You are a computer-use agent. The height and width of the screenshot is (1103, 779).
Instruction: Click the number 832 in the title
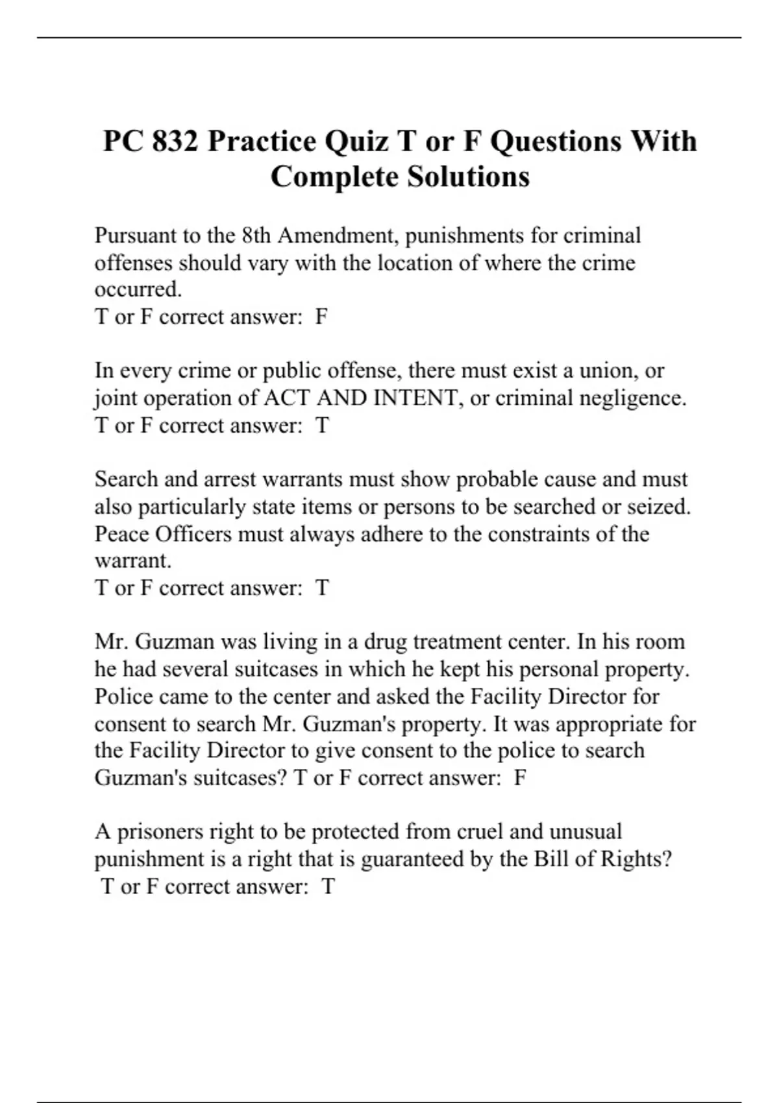click(175, 141)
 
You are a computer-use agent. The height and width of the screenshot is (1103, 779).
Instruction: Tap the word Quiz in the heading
click(356, 141)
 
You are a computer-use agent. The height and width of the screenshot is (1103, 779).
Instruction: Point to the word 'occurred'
click(138, 289)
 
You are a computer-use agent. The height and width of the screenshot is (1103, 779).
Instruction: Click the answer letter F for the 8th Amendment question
click(321, 317)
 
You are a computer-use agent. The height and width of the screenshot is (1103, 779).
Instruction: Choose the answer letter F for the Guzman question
click(520, 778)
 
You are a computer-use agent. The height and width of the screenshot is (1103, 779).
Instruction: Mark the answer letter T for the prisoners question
click(328, 886)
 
